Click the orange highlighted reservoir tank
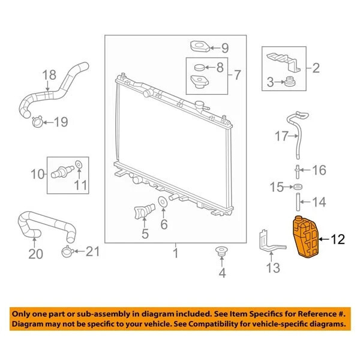(x=305, y=237)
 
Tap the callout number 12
(x=337, y=239)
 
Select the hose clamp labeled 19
(x=38, y=122)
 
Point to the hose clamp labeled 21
(x=67, y=251)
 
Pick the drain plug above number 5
(x=144, y=210)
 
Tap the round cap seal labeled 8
(x=199, y=67)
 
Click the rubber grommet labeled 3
(x=290, y=82)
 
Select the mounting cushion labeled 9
(x=200, y=46)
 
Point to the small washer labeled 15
(x=298, y=187)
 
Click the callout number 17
(x=281, y=136)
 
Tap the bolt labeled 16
(x=298, y=172)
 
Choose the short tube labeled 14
(x=298, y=202)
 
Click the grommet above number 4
(x=222, y=251)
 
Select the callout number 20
(x=35, y=254)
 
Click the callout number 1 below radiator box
(x=176, y=253)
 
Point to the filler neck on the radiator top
(x=200, y=106)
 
